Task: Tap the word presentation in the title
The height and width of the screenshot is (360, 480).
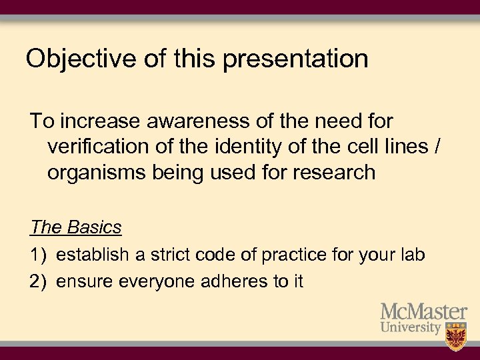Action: click(295, 59)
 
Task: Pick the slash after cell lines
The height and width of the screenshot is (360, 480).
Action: click(437, 147)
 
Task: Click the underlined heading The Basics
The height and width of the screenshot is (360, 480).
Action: click(76, 227)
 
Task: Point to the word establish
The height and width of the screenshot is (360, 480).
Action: click(93, 255)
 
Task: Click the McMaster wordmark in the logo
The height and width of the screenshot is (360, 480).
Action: click(423, 312)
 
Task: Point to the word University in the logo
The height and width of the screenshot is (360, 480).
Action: click(411, 328)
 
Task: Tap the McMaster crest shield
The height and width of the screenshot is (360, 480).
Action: click(456, 335)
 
